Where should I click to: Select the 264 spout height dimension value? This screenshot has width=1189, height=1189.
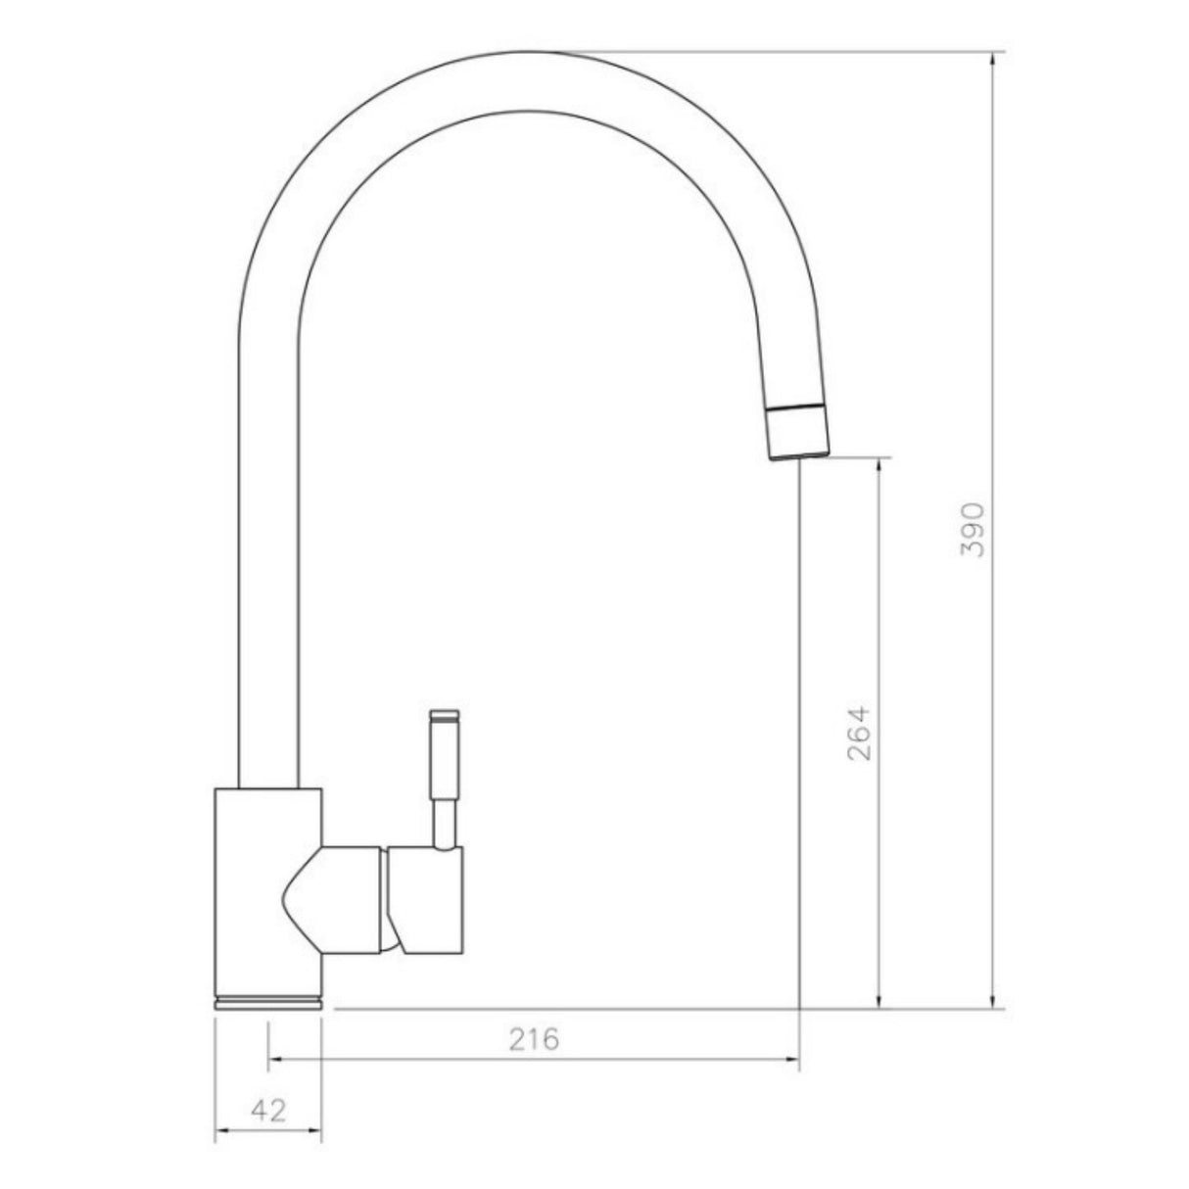point(858,733)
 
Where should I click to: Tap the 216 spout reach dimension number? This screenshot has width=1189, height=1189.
point(533,1039)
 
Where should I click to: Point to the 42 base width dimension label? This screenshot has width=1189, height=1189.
point(268,1111)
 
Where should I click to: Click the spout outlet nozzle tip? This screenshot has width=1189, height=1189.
point(798,433)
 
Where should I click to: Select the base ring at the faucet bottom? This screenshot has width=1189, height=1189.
point(267,1001)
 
